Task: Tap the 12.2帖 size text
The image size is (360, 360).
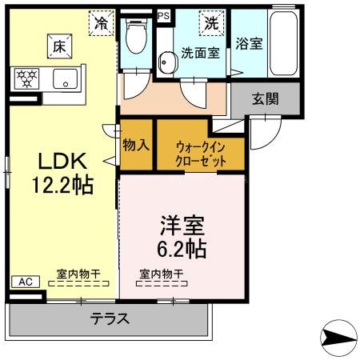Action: click(x=61, y=185)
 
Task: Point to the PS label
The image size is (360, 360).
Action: click(x=164, y=15)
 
